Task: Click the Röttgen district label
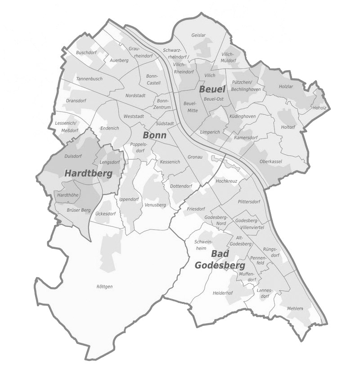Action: tap(104, 287)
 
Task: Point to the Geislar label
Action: tap(198, 35)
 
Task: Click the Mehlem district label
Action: tap(295, 308)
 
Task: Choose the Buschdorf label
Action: tap(86, 53)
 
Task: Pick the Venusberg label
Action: tap(155, 205)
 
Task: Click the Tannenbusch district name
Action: tap(90, 79)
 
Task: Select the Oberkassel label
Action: tap(271, 162)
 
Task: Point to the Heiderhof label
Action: tap(222, 293)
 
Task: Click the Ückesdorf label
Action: tap(106, 214)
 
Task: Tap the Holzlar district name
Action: tap(286, 86)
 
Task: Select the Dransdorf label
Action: tap(76, 101)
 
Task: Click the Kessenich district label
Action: tap(170, 162)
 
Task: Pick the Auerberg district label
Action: tap(119, 60)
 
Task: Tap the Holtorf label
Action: tap(288, 127)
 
